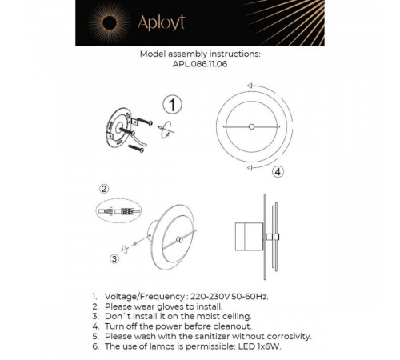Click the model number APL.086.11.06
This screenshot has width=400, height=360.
click(x=199, y=66)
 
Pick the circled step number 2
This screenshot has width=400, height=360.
click(x=103, y=189)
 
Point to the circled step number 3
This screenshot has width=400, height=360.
click(x=114, y=258)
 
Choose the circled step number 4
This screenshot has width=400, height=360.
click(x=277, y=171)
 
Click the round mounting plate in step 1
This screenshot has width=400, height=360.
click(x=118, y=128)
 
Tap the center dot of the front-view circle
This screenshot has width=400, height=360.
click(x=251, y=126)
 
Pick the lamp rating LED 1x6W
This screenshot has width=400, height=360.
click(x=263, y=348)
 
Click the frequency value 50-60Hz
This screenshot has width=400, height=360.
click(x=248, y=296)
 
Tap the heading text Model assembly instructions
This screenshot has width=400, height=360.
click(x=200, y=56)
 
